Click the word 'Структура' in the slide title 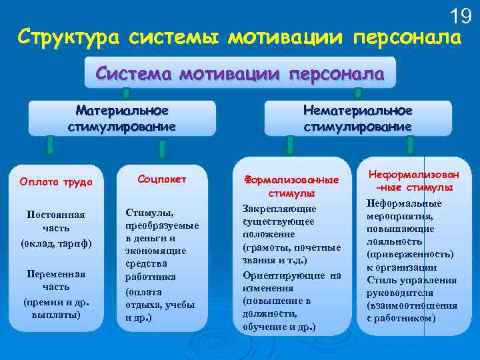click(x=63, y=36)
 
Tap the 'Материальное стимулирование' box click(x=122, y=118)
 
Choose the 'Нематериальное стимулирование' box click(x=358, y=118)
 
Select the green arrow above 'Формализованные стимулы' click(x=287, y=146)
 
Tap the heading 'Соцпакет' click(x=162, y=179)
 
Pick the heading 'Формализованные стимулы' click(x=291, y=187)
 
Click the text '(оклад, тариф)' click(x=56, y=242)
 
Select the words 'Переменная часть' click(x=56, y=279)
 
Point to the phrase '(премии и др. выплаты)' click(x=56, y=308)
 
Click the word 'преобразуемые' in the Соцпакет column click(x=162, y=225)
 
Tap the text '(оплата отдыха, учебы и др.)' click(x=161, y=305)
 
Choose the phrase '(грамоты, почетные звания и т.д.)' click(x=292, y=254)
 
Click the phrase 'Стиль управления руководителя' click(x=409, y=286)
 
